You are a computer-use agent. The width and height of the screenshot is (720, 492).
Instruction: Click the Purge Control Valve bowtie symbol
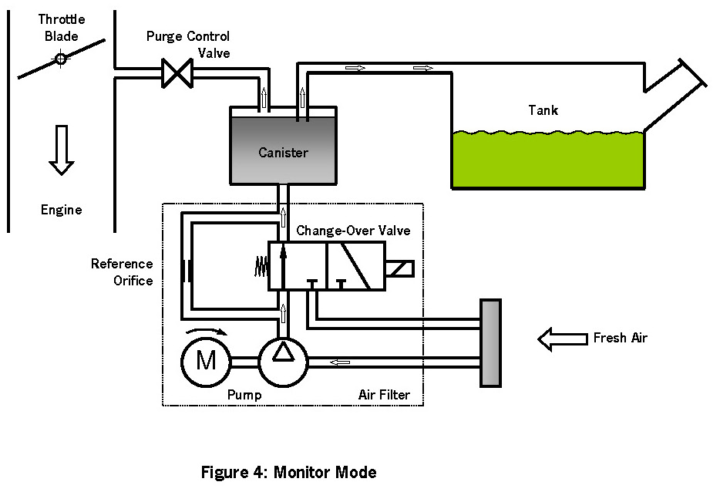177,74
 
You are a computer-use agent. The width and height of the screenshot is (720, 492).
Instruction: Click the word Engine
61,210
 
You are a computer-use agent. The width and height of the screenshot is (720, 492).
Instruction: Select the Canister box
283,151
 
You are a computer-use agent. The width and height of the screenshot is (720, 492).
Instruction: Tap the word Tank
543,110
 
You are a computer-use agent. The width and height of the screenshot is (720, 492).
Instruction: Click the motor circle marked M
206,360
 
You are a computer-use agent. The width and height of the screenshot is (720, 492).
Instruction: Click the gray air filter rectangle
490,342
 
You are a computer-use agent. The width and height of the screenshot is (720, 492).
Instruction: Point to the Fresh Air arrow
561,338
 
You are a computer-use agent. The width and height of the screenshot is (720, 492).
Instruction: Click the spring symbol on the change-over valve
260,265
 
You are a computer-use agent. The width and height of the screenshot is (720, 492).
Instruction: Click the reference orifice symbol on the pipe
185,271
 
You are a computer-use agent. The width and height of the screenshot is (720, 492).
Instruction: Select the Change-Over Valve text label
353,231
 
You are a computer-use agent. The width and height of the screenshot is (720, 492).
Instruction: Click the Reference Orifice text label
122,272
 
